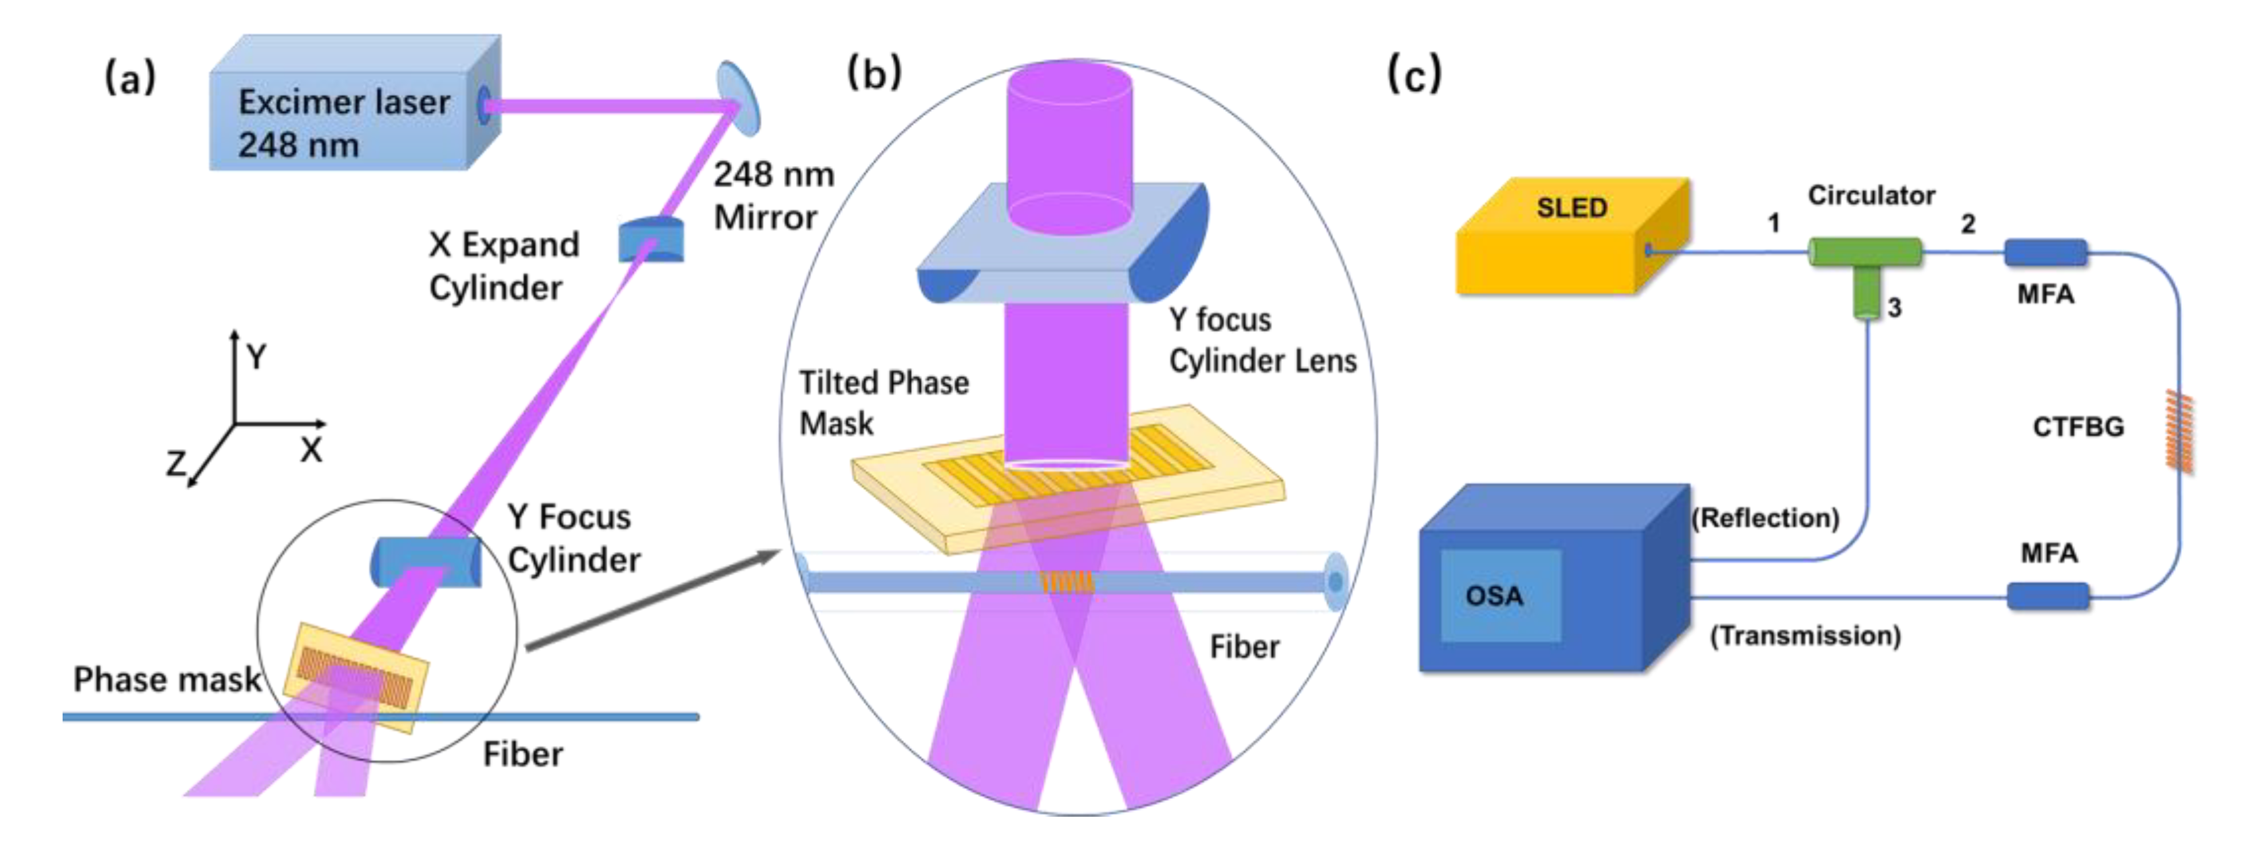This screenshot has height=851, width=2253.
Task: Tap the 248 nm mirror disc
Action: pyautogui.click(x=738, y=98)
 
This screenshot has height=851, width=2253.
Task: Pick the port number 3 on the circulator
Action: pyautogui.click(x=1895, y=308)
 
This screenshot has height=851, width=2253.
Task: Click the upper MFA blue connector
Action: pyautogui.click(x=2045, y=253)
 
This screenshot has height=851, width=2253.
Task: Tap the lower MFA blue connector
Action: pyautogui.click(x=2047, y=597)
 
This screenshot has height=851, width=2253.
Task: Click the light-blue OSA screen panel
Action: pyautogui.click(x=1500, y=595)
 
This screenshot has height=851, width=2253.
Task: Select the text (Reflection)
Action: pyautogui.click(x=1765, y=518)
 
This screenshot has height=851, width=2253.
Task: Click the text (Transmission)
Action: pyautogui.click(x=1805, y=635)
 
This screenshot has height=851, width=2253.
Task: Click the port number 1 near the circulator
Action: pyautogui.click(x=1773, y=223)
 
